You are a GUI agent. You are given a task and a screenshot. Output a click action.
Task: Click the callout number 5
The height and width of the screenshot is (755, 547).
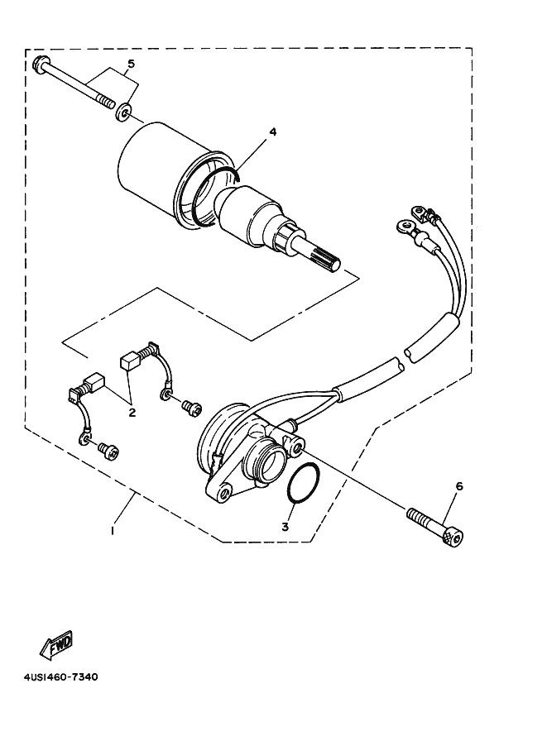point(130,65)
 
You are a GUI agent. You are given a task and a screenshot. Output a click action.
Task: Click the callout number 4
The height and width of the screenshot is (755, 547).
point(271,132)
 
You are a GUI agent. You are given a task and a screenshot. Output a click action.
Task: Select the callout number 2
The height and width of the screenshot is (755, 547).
point(132,412)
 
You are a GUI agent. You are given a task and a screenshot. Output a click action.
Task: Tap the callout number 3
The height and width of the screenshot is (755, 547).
point(285,527)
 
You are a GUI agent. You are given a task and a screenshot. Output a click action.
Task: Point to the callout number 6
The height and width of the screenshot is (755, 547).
point(459,486)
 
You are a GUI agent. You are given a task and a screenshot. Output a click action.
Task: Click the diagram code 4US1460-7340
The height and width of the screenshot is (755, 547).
point(55,677)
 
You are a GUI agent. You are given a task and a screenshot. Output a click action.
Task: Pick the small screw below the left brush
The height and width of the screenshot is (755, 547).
point(108,451)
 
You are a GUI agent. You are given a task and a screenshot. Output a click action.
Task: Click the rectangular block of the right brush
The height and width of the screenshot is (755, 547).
point(129,360)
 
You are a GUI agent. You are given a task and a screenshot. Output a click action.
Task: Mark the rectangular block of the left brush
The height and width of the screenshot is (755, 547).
point(95,383)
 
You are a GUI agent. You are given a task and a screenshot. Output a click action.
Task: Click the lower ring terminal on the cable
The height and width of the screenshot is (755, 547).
point(405,224)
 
